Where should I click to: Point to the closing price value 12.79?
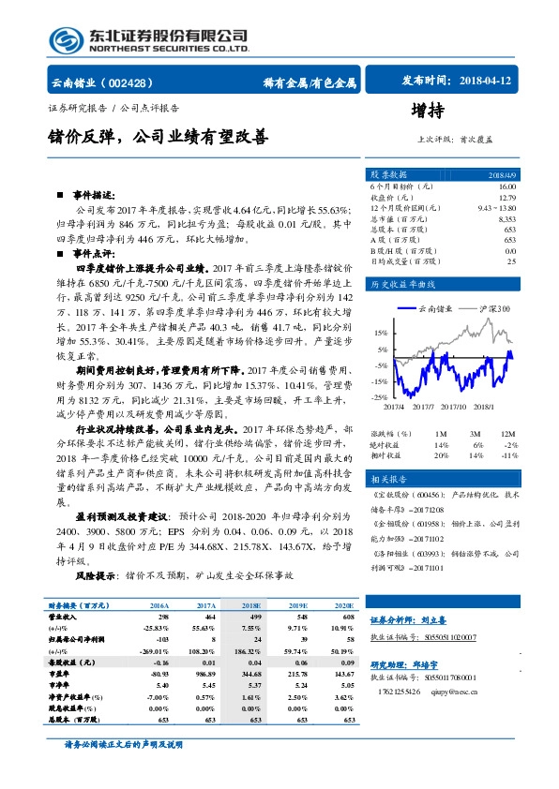point(507,198)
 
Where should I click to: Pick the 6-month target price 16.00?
point(507,187)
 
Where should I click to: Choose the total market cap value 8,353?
point(506,218)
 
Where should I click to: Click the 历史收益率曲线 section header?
point(403,283)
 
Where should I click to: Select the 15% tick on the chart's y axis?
point(381,333)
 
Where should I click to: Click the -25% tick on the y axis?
point(380,398)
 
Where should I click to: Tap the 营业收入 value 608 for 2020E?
point(347,618)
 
